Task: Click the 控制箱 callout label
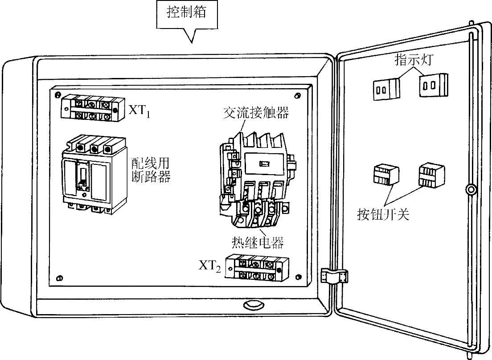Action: (187, 12)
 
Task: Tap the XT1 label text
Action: (139, 110)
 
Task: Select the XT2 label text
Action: (209, 266)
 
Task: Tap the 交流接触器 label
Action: (256, 113)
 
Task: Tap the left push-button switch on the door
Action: (386, 175)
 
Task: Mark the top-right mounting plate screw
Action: (298, 95)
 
